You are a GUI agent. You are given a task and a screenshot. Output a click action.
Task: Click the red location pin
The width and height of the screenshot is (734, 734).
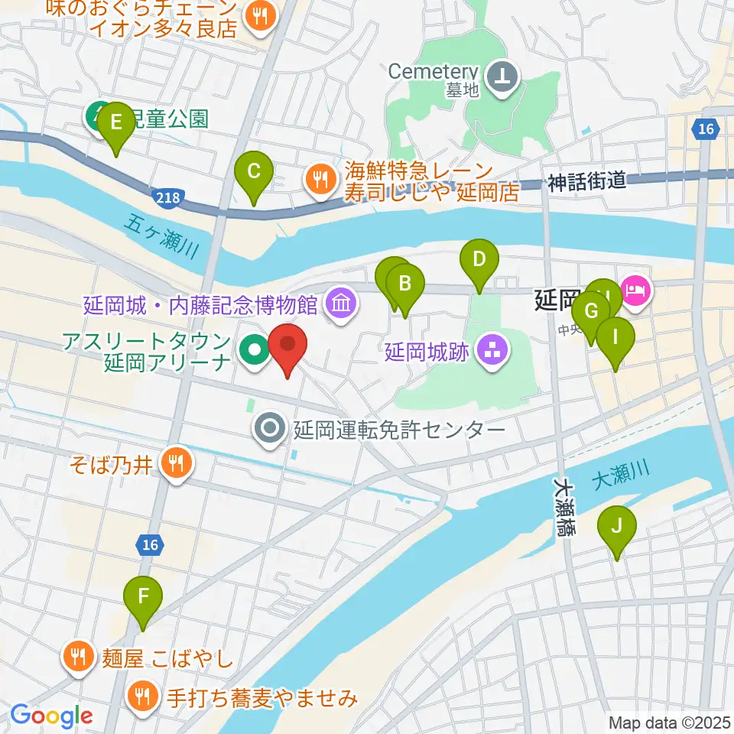[288, 346]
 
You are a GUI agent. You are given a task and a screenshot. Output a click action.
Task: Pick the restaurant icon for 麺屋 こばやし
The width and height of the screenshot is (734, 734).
[80, 656]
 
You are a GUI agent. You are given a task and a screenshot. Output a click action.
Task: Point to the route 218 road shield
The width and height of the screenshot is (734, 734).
[167, 198]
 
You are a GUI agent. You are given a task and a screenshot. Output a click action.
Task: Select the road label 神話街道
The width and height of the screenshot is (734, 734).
[586, 181]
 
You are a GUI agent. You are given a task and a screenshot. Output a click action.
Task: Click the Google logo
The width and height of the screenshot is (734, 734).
[51, 716]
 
